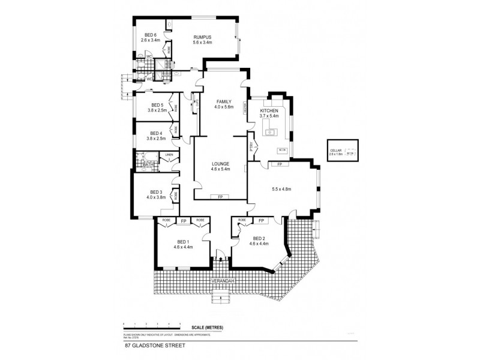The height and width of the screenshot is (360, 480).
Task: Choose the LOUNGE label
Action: [220, 163]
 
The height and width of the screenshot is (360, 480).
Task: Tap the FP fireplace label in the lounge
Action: [220, 197]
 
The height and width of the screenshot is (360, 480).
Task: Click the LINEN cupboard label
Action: [169, 155]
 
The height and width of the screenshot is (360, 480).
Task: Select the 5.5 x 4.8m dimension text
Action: [281, 190]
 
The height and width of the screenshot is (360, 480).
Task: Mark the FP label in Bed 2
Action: [261, 221]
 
